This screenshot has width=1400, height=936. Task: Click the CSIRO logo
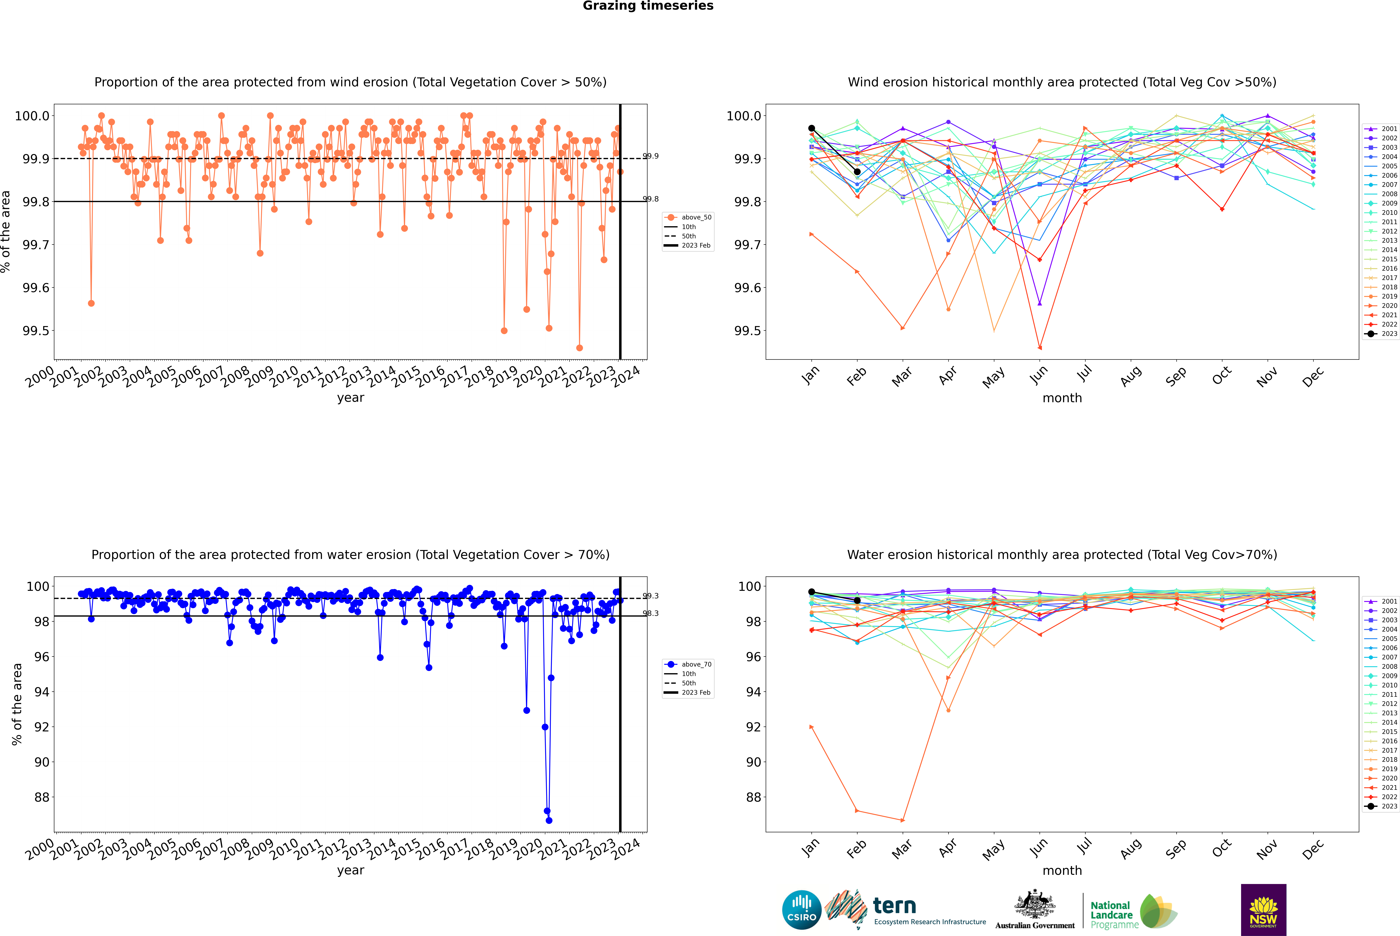pos(802,910)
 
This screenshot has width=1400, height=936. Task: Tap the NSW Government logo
pos(1263,910)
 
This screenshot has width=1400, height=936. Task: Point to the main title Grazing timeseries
pos(648,6)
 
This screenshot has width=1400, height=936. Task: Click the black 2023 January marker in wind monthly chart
pos(812,128)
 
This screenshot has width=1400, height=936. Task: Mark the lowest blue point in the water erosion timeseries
pos(549,820)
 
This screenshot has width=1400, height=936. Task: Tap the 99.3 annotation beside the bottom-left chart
pos(650,596)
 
